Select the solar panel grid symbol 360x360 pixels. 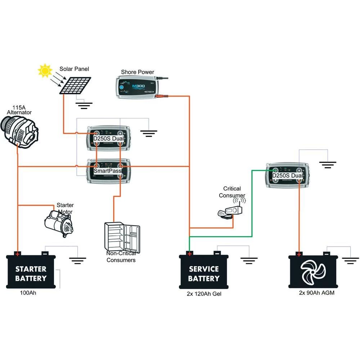point(76,85)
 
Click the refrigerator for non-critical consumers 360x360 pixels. point(122,237)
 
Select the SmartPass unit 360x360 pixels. point(108,171)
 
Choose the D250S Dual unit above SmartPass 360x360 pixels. point(108,139)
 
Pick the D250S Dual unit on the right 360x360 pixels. point(287,175)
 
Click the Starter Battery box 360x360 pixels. point(31,272)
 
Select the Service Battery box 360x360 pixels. point(204,272)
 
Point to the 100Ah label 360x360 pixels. point(28,293)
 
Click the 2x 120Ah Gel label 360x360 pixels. point(204,294)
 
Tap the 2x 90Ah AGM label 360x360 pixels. point(317,293)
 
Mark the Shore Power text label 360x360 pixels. point(138,72)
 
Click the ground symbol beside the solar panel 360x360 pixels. point(84,105)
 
